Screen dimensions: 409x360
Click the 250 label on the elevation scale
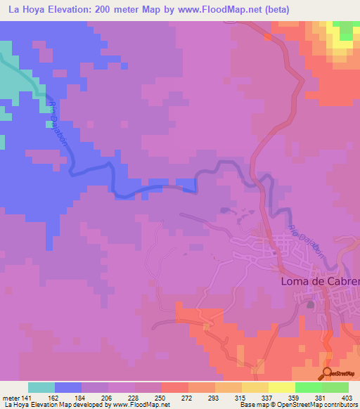point(161,397)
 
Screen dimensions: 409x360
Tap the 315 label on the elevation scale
point(242,397)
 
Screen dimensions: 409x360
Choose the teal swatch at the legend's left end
point(41,387)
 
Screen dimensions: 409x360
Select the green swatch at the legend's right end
point(335,387)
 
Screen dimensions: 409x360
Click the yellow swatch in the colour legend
point(281,387)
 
